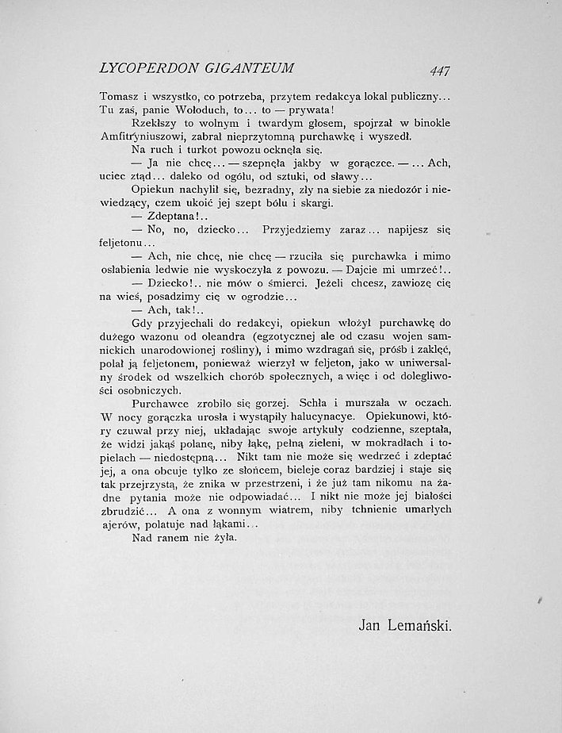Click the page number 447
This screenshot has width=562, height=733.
[x=437, y=70]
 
